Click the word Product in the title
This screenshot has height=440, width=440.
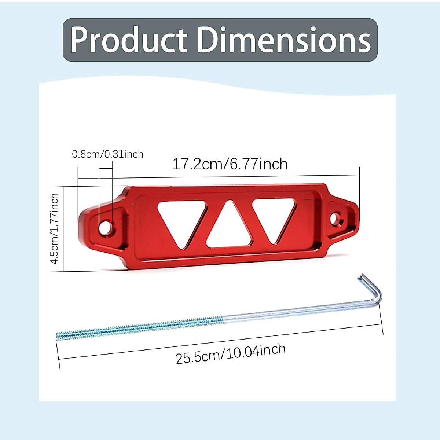click(x=129, y=40)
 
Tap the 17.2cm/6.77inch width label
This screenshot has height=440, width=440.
click(x=230, y=164)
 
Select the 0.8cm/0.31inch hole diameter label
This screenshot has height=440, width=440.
click(x=107, y=154)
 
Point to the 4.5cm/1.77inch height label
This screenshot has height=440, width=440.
click(x=54, y=228)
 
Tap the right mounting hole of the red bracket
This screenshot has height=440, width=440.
click(x=335, y=219)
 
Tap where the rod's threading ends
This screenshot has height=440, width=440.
click(x=223, y=320)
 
